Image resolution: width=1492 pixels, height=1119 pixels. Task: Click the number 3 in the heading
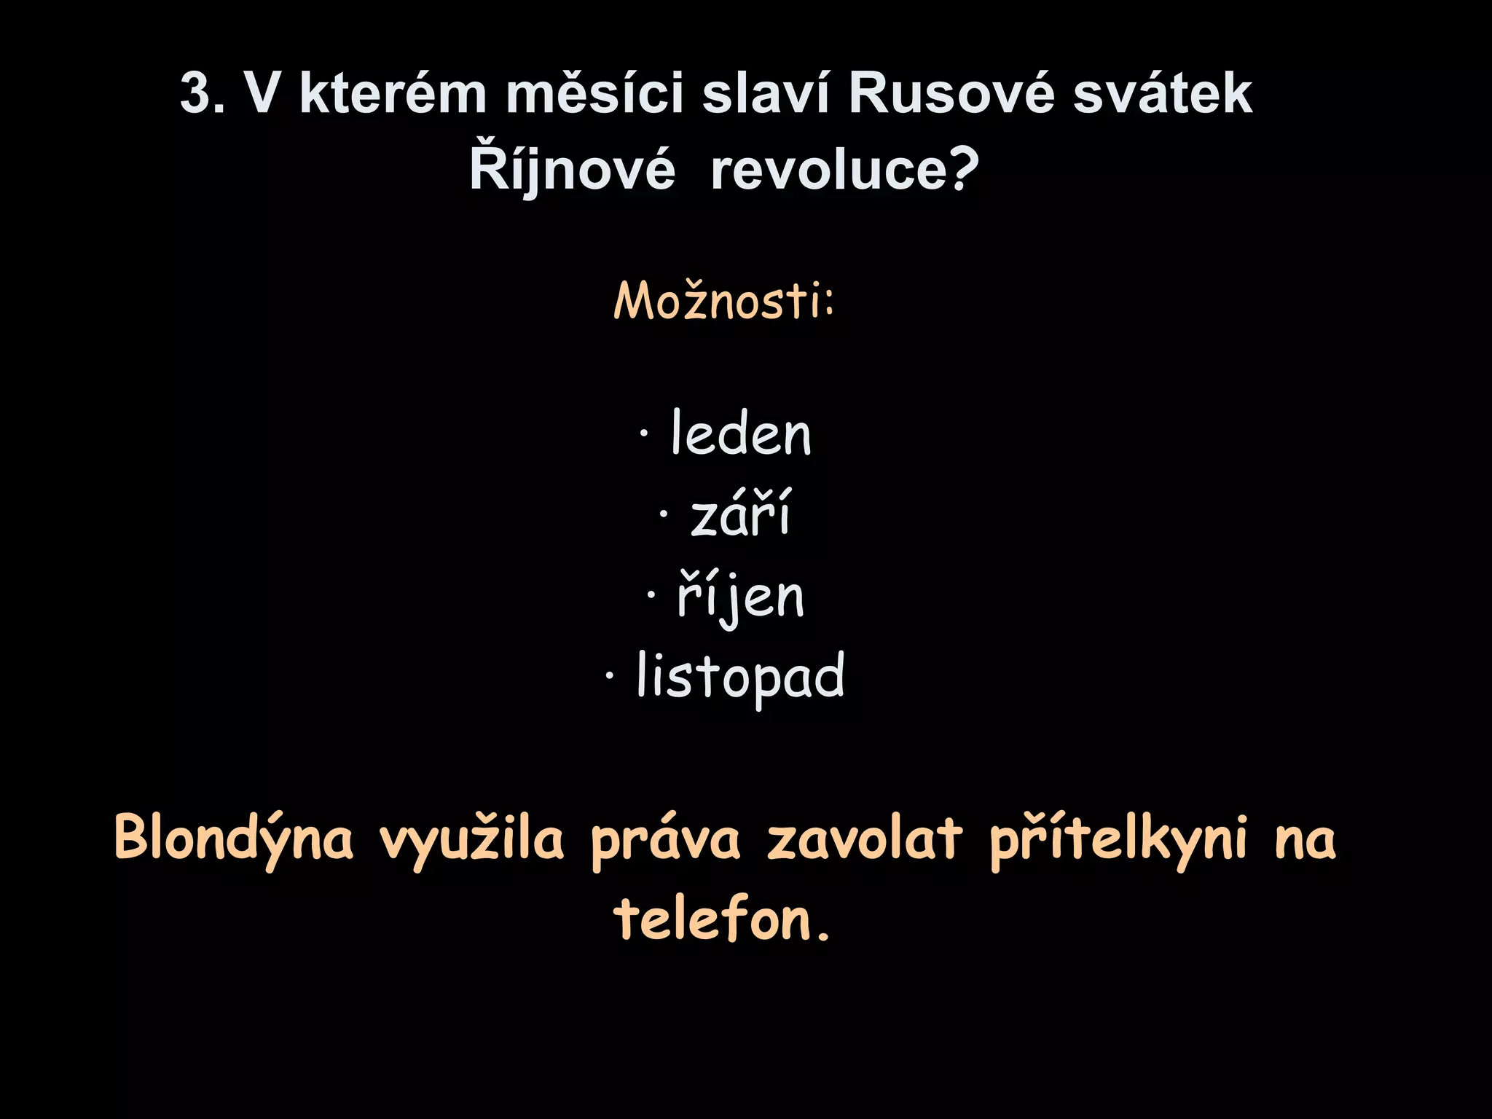pos(197,94)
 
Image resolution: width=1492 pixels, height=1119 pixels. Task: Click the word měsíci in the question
pos(594,93)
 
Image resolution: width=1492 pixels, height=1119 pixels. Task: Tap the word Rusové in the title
pos(951,94)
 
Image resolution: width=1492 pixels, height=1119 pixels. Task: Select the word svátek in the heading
pos(1163,94)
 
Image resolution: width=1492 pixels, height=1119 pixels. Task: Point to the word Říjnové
pos(573,169)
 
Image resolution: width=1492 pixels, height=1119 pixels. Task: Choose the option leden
pos(740,434)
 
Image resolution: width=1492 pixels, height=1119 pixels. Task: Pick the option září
pos(740,514)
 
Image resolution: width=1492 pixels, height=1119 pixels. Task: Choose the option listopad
pos(740,676)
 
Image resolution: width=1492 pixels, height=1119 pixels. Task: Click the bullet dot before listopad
pos(609,675)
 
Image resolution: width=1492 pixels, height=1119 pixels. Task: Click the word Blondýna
pos(234,839)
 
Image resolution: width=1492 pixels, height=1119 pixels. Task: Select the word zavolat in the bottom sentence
pos(865,838)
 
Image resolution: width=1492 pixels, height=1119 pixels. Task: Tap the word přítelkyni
pos(1118,839)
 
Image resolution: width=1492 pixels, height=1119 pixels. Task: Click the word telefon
pos(713,919)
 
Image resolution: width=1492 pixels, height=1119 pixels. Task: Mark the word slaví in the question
pos(766,93)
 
